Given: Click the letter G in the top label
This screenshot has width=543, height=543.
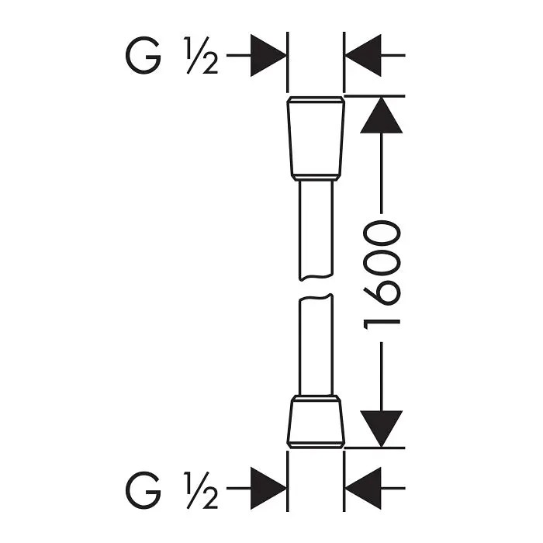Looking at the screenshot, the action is [143, 55].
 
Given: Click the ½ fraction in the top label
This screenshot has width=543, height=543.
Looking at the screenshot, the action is [202, 55].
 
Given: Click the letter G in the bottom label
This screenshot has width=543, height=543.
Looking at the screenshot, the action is [143, 489].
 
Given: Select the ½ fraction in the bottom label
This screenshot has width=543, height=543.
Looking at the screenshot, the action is [202, 489].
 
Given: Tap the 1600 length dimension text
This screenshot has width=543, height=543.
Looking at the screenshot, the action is [382, 275].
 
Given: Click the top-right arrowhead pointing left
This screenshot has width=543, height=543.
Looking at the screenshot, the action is [363, 55].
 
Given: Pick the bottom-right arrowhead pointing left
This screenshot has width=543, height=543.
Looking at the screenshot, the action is [363, 488].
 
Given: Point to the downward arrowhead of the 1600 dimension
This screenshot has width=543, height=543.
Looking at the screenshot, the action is [382, 429].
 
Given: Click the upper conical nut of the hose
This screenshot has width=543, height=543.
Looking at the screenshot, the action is [316, 139].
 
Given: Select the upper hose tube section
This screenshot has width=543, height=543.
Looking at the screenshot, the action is [316, 230].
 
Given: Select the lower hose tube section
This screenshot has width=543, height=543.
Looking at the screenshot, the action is [316, 345].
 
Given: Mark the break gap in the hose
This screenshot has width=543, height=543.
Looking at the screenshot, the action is [316, 288].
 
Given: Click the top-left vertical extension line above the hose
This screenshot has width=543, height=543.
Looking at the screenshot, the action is [288, 62].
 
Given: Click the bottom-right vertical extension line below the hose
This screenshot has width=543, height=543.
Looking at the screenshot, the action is [344, 482].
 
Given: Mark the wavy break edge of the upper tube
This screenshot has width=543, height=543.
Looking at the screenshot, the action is [316, 278].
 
